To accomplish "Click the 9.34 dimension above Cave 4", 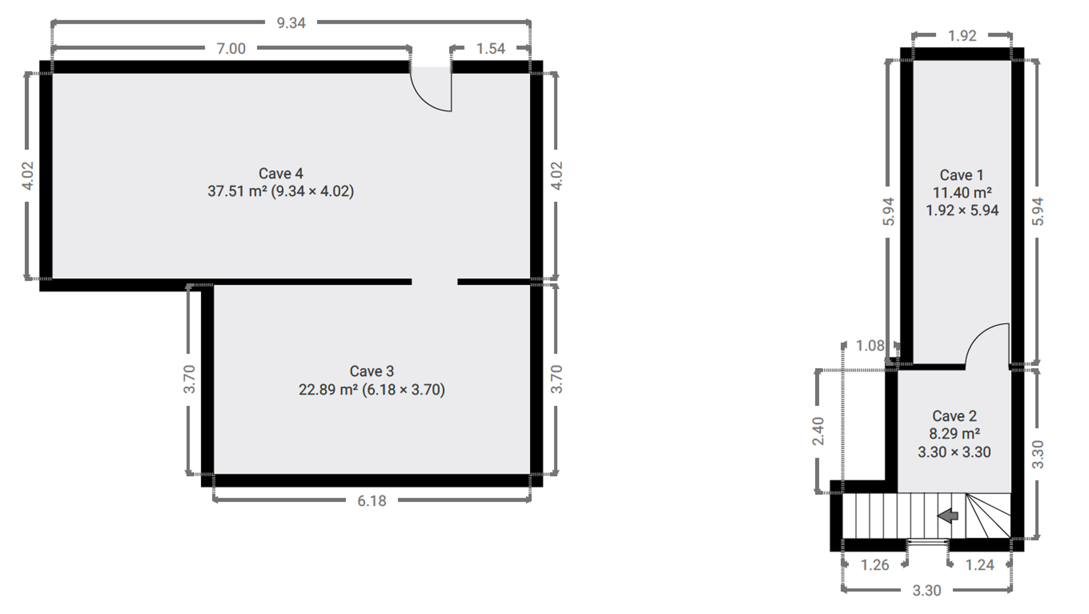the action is coord(291,23).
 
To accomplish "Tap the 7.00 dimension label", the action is coord(231,49).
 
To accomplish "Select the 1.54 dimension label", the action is coord(490,49).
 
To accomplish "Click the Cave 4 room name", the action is coord(281,173).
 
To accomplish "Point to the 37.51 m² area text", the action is coord(237,191).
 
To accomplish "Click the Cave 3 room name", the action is coord(372,371).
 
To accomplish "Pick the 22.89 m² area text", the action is coord(328,390).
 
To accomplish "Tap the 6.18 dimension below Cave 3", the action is coord(372,501).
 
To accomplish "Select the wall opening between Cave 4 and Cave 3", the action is coord(435,282).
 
